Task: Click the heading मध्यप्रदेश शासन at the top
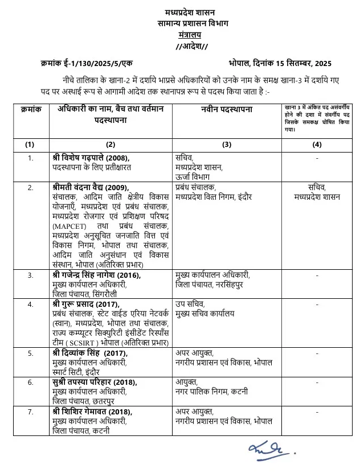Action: tap(181, 13)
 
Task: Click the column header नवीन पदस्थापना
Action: tap(227, 109)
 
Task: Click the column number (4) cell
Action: tap(317, 145)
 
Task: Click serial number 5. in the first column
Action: tap(30, 353)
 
